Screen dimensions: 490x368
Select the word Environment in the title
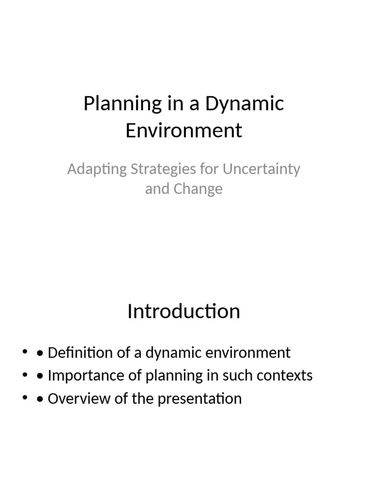pos(184,130)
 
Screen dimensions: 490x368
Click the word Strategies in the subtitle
pos(156,169)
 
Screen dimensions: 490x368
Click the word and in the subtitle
pos(156,189)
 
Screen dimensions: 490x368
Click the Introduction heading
pos(184,312)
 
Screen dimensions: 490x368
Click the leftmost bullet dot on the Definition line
pos(24,353)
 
